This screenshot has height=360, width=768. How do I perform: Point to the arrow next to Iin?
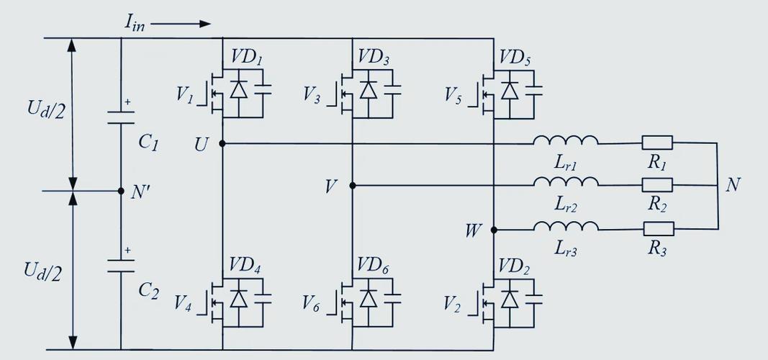[181, 23]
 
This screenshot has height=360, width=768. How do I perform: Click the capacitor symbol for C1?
[121, 117]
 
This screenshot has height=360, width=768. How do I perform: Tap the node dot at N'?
[121, 191]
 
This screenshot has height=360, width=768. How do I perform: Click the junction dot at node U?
[222, 143]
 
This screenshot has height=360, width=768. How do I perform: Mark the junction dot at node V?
[353, 186]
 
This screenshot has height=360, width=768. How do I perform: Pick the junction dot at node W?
[494, 230]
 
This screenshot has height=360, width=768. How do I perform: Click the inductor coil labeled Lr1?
[566, 140]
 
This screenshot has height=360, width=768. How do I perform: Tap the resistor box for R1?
[657, 143]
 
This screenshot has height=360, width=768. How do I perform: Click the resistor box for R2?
[657, 186]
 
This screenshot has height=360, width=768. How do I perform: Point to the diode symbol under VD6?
[369, 297]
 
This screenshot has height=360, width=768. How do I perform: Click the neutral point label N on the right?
[733, 185]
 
